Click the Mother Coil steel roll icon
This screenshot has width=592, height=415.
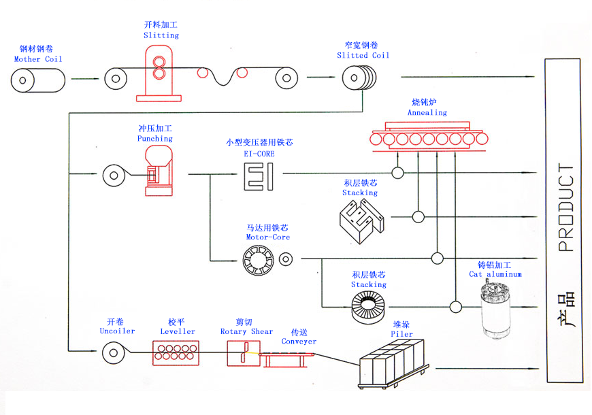(38, 80)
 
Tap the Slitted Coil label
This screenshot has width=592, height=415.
(363, 55)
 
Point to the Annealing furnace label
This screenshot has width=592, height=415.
(427, 112)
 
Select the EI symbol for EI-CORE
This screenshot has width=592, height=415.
(259, 174)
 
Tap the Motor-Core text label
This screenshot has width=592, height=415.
(267, 237)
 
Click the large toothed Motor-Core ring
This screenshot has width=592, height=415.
(259, 259)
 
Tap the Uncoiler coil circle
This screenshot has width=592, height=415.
(114, 352)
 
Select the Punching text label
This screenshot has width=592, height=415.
(154, 138)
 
